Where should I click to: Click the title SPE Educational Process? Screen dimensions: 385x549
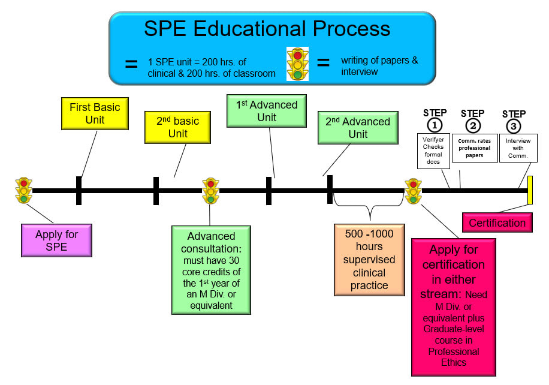(267, 28)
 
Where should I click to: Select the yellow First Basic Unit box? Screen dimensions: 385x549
(95, 113)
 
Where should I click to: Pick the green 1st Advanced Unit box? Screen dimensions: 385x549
(267, 111)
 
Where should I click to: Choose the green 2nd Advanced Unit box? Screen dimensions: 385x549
(358, 127)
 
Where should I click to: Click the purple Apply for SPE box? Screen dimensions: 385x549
(57, 240)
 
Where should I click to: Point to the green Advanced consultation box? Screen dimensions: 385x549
(211, 269)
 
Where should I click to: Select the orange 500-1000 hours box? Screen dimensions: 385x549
(369, 259)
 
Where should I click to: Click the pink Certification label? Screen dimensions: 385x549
(497, 223)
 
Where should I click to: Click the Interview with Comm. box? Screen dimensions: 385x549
(518, 148)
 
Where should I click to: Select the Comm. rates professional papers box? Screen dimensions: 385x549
(474, 148)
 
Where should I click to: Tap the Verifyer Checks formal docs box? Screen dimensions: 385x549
(433, 151)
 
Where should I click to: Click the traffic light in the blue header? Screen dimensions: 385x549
(298, 64)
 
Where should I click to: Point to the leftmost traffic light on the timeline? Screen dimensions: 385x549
(24, 190)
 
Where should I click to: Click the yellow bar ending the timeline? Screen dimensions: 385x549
(530, 190)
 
